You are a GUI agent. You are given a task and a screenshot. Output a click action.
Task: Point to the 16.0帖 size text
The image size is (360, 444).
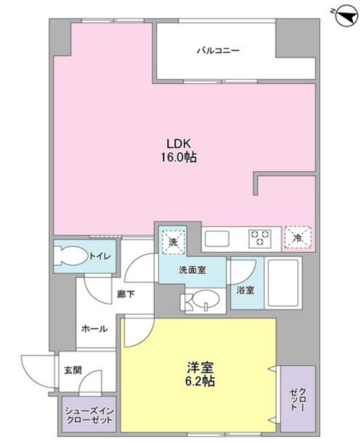tap(178, 158)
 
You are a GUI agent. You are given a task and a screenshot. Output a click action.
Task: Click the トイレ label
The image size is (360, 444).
tap(99, 256)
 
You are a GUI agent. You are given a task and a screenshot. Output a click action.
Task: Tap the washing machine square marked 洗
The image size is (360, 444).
tap(173, 241)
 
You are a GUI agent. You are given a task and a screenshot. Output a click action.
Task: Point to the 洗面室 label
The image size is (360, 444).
tap(192, 269)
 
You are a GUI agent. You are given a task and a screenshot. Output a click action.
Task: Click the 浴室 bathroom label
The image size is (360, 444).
tap(245, 289)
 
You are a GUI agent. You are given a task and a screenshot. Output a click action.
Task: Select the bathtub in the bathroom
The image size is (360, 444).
tap(283, 283)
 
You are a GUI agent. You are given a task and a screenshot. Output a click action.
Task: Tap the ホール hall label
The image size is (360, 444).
tap(94, 329)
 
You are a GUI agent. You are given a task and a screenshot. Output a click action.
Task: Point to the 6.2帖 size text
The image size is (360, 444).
tap(200, 381)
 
